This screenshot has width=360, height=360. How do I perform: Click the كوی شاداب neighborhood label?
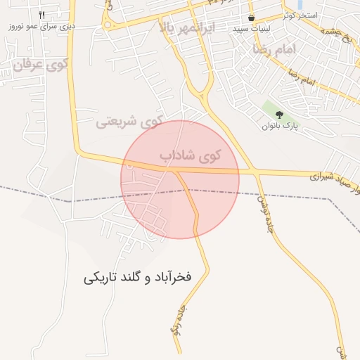click(190, 155)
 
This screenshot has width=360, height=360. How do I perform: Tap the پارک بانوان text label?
click(281, 127)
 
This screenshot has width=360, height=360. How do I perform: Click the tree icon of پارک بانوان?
click(279, 115)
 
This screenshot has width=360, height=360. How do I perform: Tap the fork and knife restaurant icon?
click(42, 15)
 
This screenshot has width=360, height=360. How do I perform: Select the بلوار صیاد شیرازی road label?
click(333, 175)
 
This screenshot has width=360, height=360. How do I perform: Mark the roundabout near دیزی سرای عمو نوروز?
click(107, 24)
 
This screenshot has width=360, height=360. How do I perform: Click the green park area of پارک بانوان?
click(271, 109)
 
